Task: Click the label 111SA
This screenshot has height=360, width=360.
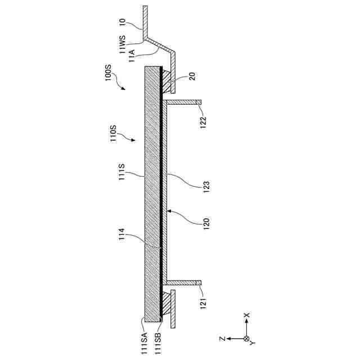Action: click(x=145, y=343)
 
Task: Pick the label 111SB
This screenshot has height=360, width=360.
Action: click(x=158, y=343)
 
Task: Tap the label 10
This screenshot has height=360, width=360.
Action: click(x=122, y=23)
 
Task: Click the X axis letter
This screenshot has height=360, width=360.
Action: click(x=246, y=316)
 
